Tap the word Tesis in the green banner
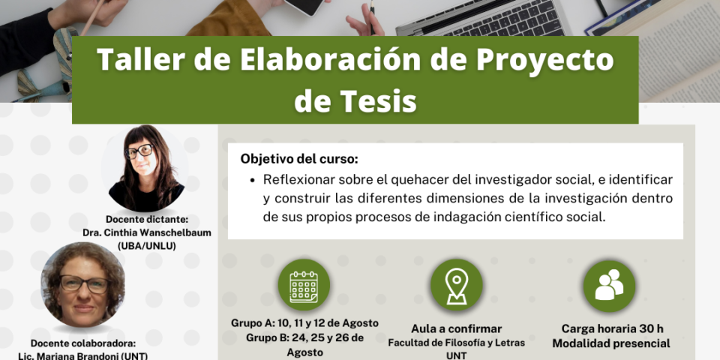click(x=384, y=101)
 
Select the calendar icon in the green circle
click(x=304, y=287)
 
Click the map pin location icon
click(x=457, y=286)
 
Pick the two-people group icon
click(x=609, y=285)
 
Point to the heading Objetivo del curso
click(x=299, y=159)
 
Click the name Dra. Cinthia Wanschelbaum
click(x=147, y=232)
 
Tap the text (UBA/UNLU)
click(x=147, y=246)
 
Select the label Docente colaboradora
click(x=83, y=343)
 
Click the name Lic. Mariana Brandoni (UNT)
click(x=82, y=355)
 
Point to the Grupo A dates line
click(x=305, y=322)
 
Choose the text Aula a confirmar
click(x=457, y=328)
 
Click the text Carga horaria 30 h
click(x=612, y=328)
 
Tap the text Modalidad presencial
click(x=611, y=343)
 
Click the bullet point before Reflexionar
click(x=252, y=181)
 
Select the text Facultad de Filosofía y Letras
click(x=457, y=343)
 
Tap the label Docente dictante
click(x=147, y=220)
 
